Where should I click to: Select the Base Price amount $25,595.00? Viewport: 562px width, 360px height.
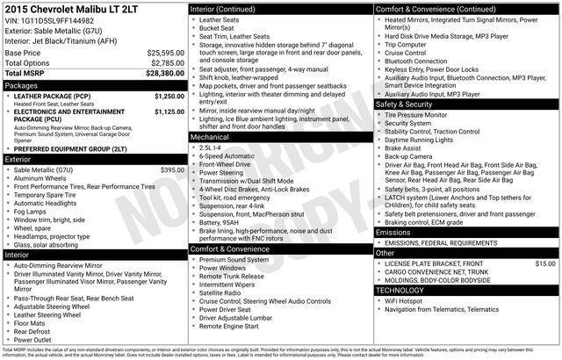[165, 53]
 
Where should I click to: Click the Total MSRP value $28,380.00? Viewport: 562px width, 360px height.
[165, 75]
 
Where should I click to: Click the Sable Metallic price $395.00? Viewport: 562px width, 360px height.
[172, 169]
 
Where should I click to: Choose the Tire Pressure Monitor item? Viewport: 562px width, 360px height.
[416, 114]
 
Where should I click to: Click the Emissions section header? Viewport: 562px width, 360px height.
[393, 231]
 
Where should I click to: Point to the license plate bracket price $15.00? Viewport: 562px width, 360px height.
[545, 263]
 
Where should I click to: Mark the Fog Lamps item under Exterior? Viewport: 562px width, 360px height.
[32, 211]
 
